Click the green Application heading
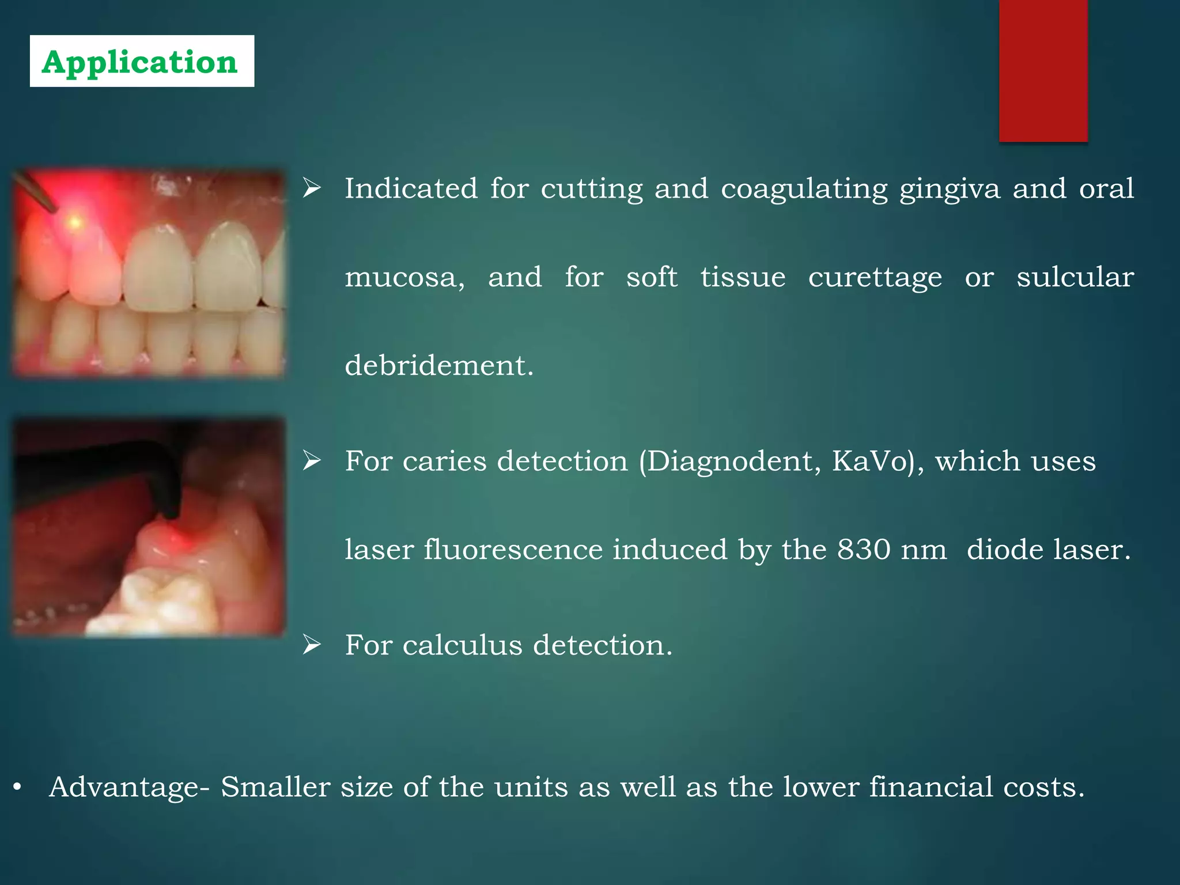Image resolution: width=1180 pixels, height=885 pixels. click(140, 62)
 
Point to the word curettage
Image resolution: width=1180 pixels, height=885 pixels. click(875, 278)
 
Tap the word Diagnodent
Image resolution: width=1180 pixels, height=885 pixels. click(729, 461)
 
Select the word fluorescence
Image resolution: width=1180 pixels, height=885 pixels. click(513, 549)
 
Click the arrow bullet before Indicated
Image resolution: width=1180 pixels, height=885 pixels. click(312, 188)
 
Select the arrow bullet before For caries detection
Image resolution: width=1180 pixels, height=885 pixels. click(312, 461)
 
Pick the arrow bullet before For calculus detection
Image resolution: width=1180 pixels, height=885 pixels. click(312, 645)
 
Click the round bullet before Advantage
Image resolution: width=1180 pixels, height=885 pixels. click(17, 787)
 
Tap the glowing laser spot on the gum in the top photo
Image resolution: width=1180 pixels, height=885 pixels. click(74, 222)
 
